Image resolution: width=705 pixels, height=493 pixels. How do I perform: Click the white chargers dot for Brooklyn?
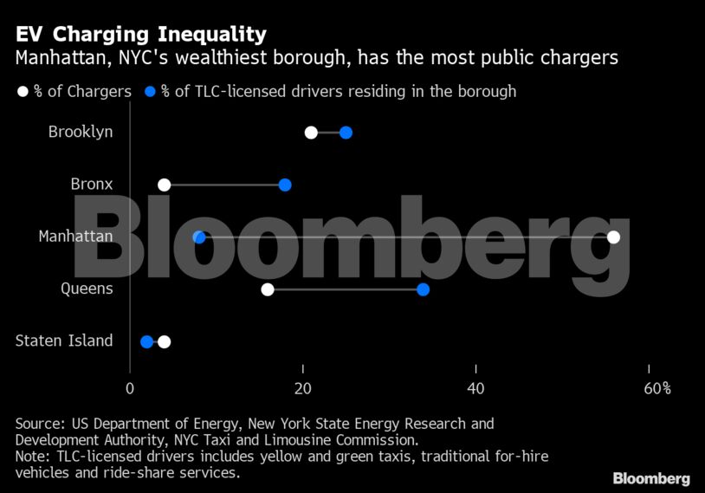[311, 133]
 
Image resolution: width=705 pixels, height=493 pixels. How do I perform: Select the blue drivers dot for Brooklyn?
[346, 133]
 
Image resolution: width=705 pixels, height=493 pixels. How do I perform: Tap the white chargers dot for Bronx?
[164, 185]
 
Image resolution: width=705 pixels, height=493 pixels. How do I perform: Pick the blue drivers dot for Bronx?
[285, 185]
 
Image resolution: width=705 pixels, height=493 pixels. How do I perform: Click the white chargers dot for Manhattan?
[614, 237]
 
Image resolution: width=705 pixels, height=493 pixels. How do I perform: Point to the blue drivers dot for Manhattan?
[198, 237]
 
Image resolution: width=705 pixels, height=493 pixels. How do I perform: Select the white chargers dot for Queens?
[268, 289]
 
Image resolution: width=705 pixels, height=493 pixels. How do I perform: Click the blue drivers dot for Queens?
[423, 289]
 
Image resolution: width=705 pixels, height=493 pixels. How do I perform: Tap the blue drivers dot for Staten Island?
[146, 341]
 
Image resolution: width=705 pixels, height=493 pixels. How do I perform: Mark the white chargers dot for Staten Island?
[164, 341]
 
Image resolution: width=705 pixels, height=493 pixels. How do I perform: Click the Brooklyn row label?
[81, 133]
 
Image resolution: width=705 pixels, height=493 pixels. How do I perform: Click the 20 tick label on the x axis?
[302, 388]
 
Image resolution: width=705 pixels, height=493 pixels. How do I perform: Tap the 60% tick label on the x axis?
[657, 388]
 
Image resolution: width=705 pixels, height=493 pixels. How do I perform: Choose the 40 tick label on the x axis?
[475, 388]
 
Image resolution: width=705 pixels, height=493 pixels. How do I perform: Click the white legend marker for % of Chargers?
[23, 92]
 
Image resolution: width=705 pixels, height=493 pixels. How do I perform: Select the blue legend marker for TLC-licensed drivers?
[151, 92]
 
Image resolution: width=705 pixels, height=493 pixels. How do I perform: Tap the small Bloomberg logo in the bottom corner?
[651, 478]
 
